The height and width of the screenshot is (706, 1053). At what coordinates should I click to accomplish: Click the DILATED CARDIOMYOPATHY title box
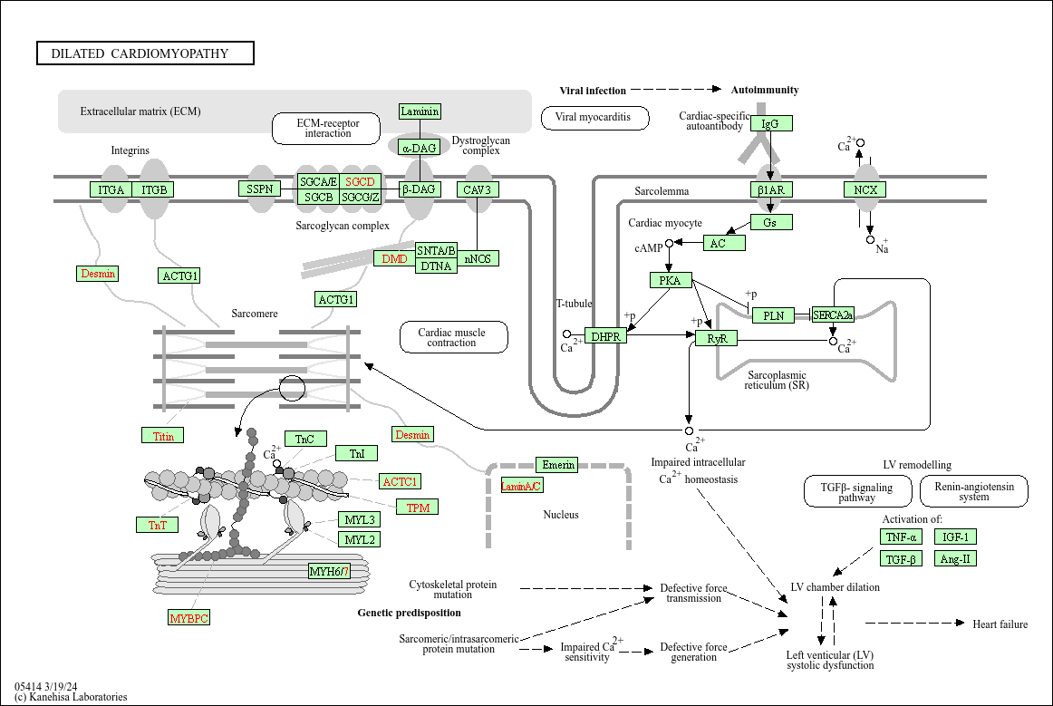(x=145, y=53)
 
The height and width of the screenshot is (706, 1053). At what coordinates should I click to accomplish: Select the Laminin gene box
(x=420, y=111)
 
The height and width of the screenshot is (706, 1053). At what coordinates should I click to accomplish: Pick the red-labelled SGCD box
(x=360, y=181)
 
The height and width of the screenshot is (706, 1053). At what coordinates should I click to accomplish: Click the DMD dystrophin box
(x=394, y=258)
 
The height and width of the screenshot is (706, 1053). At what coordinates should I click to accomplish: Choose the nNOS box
(x=478, y=258)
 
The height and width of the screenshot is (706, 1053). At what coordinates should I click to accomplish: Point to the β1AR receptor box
(x=771, y=189)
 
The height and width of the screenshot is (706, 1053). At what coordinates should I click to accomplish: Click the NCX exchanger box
(x=865, y=189)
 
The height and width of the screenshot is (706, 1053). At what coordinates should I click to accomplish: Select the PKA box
(x=670, y=280)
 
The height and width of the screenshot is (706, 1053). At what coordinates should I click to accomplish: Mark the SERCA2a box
(x=833, y=315)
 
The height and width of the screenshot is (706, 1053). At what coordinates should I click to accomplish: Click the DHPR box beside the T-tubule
(x=605, y=336)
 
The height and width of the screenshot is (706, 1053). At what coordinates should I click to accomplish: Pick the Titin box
(x=163, y=436)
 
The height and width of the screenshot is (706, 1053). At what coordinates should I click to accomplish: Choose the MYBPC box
(x=188, y=618)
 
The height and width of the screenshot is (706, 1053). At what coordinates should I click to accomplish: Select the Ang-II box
(x=955, y=558)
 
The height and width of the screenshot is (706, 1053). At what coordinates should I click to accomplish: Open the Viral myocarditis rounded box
(x=594, y=118)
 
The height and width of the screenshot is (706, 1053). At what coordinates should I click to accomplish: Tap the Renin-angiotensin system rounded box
(x=973, y=491)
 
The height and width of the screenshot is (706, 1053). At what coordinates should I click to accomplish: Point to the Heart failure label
(x=1000, y=624)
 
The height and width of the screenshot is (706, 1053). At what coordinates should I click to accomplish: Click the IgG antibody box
(x=770, y=123)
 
